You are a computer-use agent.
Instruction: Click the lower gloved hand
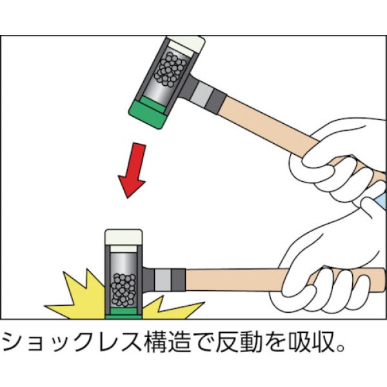[x=322, y=271]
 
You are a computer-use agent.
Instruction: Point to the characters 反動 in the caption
[x=242, y=342]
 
